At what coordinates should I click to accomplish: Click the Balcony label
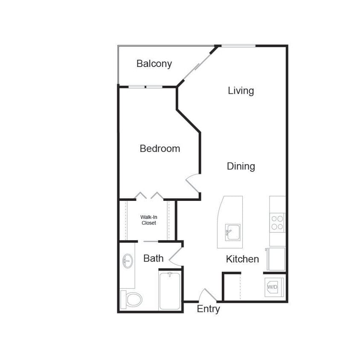pos(154,64)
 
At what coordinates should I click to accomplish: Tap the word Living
pos(241,91)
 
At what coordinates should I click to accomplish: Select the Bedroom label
pos(160,149)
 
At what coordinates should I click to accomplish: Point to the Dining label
pos(241,166)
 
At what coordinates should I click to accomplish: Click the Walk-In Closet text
pos(148,220)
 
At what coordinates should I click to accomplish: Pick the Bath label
pos(153,258)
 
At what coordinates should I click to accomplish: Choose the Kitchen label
pos(242,259)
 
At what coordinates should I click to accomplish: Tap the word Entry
pos(208,309)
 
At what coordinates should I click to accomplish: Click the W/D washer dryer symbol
pos(272,287)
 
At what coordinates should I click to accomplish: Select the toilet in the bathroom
pos(131,299)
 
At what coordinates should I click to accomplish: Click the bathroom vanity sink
pos(127,261)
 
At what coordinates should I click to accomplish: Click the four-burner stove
pos(277,222)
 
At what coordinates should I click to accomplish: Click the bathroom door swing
pos(176,256)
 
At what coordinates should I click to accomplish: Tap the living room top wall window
pos(238,46)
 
